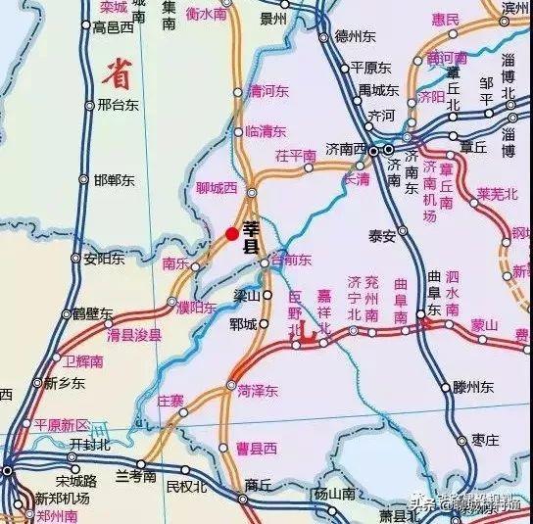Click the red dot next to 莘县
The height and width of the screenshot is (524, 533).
(231, 233)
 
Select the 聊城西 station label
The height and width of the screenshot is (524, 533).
(216, 187)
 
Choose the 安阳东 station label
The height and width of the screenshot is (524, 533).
(104, 259)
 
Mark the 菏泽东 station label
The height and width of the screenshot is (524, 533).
(258, 390)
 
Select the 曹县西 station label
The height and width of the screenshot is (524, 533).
(256, 448)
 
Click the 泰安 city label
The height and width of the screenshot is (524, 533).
(381, 235)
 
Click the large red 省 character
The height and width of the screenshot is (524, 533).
(117, 70)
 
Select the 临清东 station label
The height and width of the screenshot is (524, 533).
(266, 130)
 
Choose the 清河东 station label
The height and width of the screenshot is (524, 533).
(269, 91)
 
